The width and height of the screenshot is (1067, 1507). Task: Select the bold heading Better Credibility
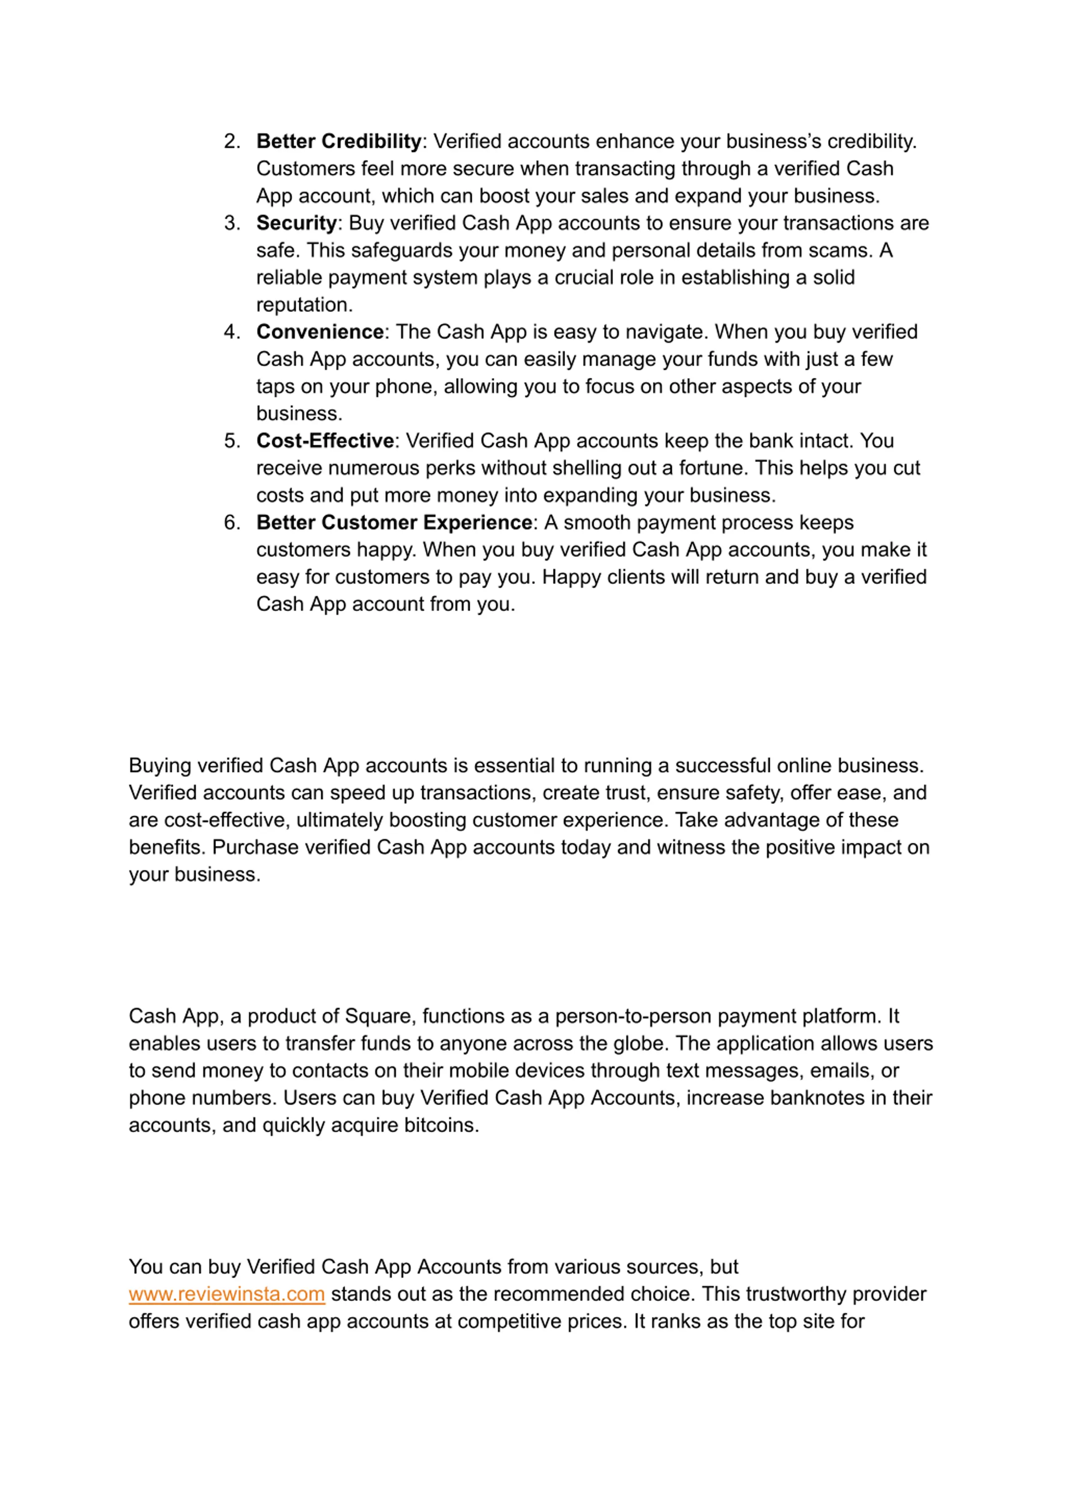point(338,141)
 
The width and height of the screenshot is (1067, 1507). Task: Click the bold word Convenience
point(320,332)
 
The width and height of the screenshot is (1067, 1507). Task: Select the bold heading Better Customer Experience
point(393,522)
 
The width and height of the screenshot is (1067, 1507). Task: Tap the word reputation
point(303,305)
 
